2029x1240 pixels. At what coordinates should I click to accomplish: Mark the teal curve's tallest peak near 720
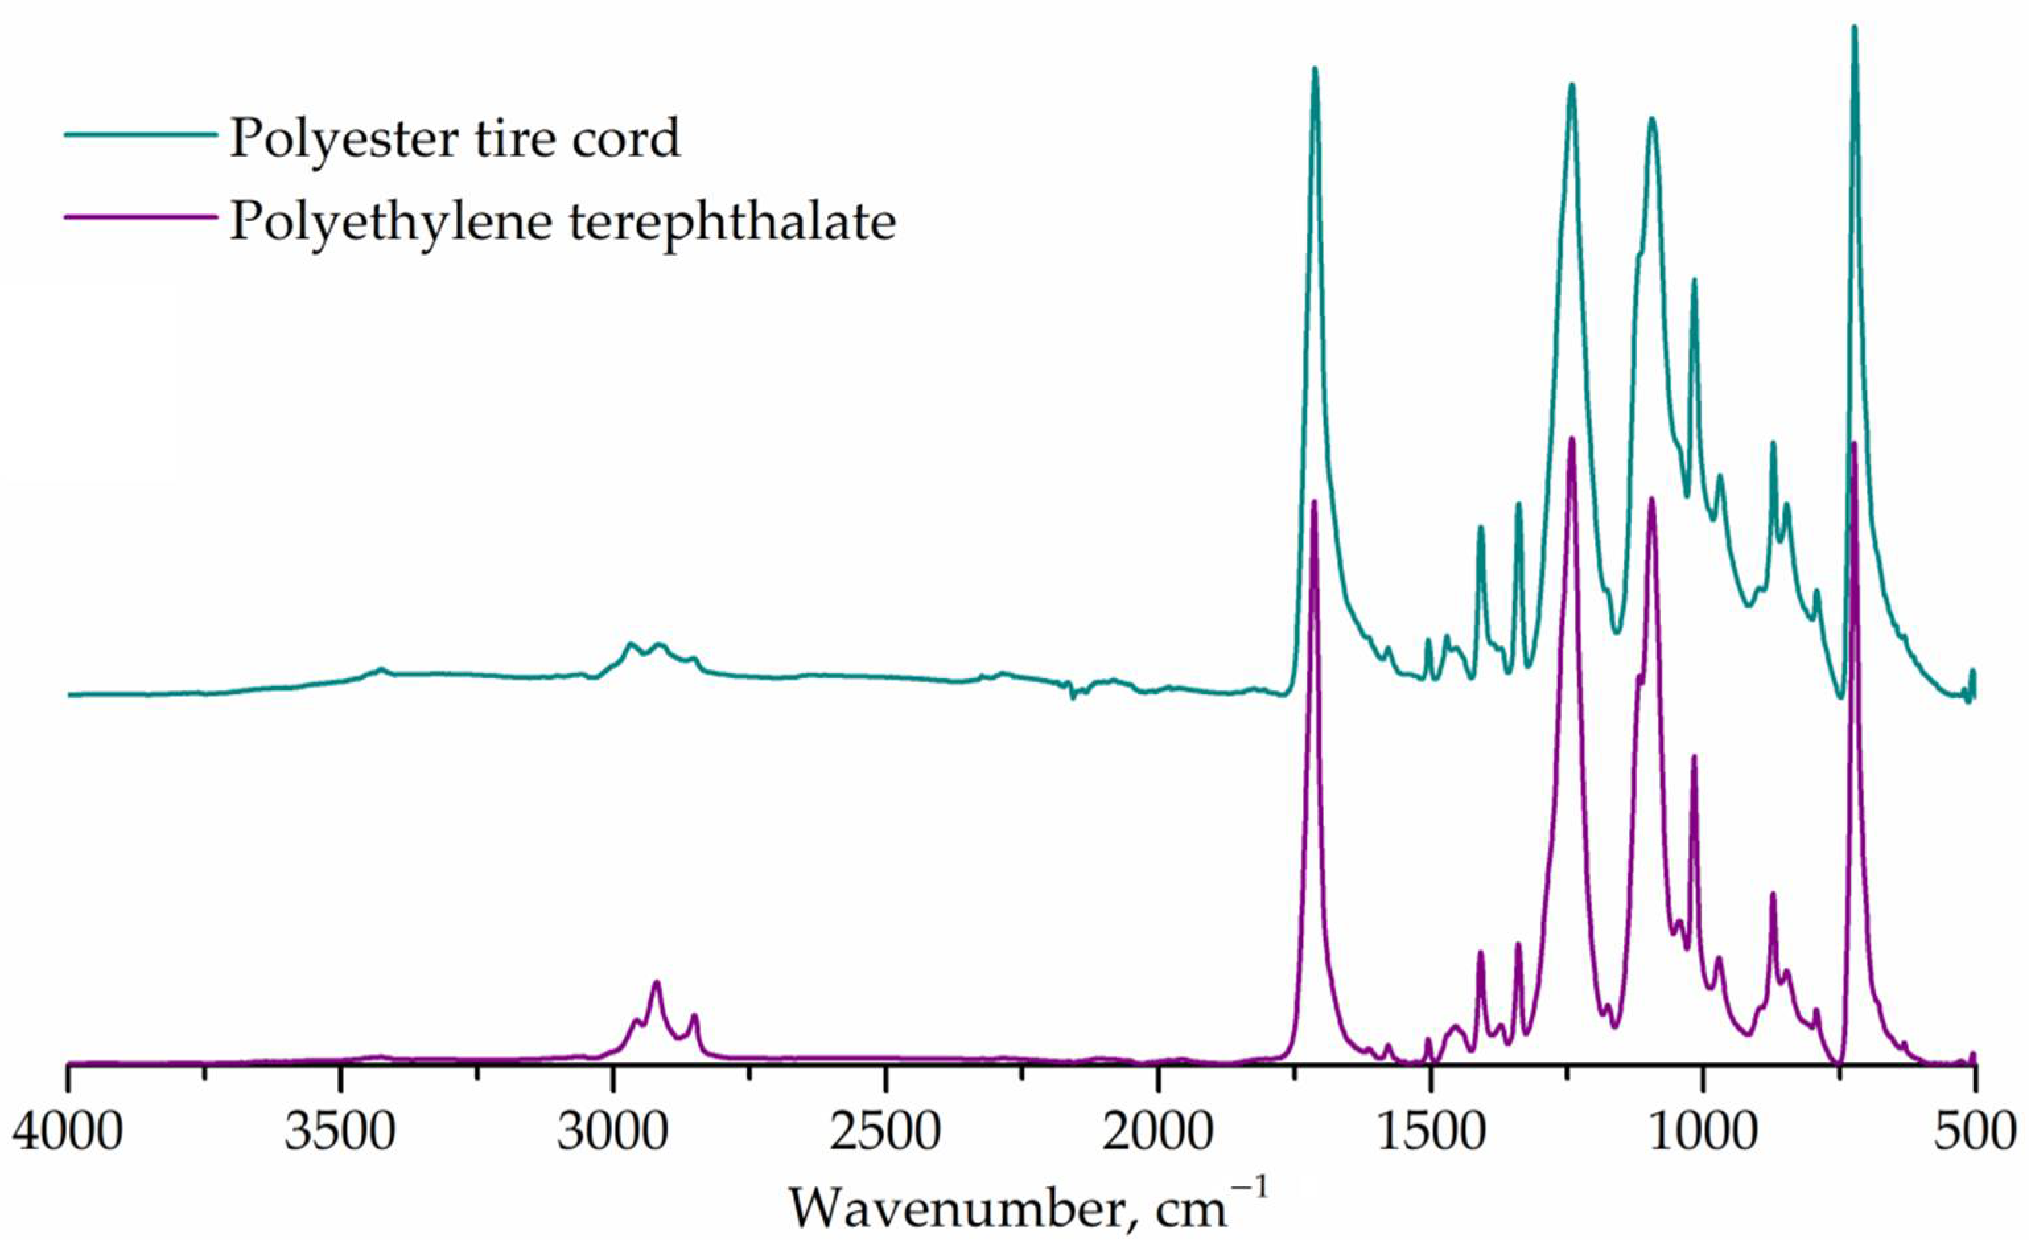[x=1855, y=27]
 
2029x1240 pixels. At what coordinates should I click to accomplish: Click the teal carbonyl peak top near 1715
[x=1315, y=69]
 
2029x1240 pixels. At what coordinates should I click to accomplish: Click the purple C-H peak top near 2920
[x=656, y=982]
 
